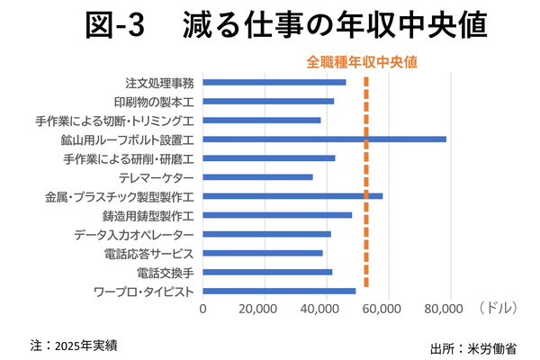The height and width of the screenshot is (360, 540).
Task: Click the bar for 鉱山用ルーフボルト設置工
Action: pyautogui.click(x=324, y=139)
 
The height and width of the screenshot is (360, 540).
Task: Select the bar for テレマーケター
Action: pyautogui.click(x=257, y=177)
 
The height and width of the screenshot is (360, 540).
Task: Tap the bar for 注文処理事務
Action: pyautogui.click(x=274, y=82)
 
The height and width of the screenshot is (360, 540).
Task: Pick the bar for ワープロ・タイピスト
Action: pyautogui.click(x=279, y=291)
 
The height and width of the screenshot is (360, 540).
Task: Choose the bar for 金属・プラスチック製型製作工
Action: pyautogui.click(x=292, y=196)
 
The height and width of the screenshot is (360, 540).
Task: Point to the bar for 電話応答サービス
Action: pyautogui.click(x=263, y=253)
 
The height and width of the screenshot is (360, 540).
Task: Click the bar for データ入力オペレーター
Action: pyautogui.click(x=267, y=234)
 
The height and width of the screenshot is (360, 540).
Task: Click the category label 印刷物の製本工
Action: pyautogui.click(x=154, y=102)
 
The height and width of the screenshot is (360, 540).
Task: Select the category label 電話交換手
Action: pyautogui.click(x=166, y=274)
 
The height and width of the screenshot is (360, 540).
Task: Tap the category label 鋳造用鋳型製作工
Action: pyautogui.click(x=148, y=216)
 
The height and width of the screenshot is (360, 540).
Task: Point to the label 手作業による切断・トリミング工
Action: pyautogui.click(x=114, y=121)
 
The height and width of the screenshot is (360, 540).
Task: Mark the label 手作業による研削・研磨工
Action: pyautogui.click(x=129, y=159)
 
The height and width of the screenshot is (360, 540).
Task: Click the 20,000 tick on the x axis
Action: pyautogui.click(x=258, y=309)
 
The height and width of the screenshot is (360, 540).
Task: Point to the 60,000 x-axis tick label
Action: pyautogui.click(x=382, y=309)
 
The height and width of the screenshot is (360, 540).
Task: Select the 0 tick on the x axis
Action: pyautogui.click(x=202, y=309)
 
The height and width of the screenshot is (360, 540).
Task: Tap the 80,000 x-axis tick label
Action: pyautogui.click(x=444, y=309)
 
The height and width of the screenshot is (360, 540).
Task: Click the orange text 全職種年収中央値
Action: pyautogui.click(x=362, y=62)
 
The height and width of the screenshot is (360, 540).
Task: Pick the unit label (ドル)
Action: pyautogui.click(x=498, y=308)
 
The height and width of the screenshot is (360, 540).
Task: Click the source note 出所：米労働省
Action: pyautogui.click(x=473, y=348)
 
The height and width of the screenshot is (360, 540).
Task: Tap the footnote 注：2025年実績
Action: pyautogui.click(x=74, y=346)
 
